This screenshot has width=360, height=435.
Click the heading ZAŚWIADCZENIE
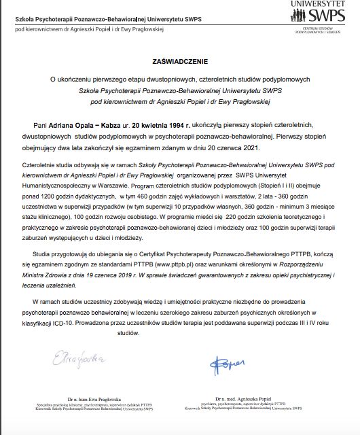(x=179, y=60)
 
